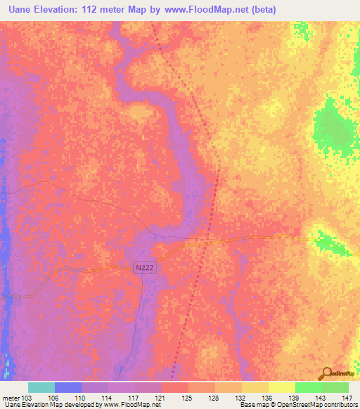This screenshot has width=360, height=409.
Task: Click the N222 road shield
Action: [x=144, y=267]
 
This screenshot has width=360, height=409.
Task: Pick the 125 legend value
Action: [x=188, y=398]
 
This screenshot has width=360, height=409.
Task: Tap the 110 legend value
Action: [x=81, y=398]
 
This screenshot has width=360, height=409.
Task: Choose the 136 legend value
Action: [x=268, y=398]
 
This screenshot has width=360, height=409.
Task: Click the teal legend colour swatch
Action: [x=41, y=387]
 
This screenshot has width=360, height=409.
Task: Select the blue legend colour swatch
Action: [x=68, y=387]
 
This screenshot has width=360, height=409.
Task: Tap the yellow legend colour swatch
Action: [x=281, y=387]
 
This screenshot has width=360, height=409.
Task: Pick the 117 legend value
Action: [x=134, y=398]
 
